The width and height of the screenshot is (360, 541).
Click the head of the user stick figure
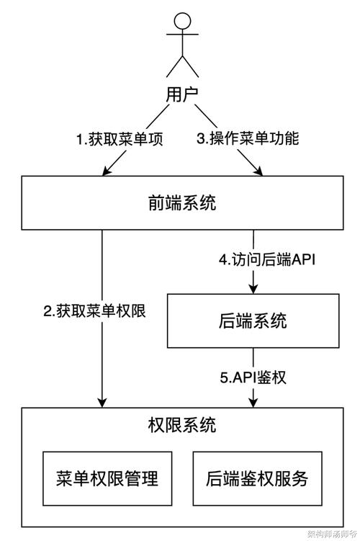pyautogui.click(x=181, y=21)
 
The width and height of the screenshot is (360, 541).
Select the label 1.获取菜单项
pyautogui.click(x=120, y=139)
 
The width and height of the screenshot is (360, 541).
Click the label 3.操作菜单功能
pyautogui.click(x=248, y=139)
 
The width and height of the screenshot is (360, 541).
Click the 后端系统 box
pyautogui.click(x=252, y=320)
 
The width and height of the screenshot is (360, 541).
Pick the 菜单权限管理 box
pyautogui.click(x=107, y=478)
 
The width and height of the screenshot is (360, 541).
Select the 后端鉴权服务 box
pyautogui.click(x=256, y=478)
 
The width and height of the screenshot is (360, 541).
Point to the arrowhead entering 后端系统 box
pyautogui.click(x=253, y=289)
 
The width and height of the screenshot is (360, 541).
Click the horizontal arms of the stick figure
pyautogui.click(x=181, y=43)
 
